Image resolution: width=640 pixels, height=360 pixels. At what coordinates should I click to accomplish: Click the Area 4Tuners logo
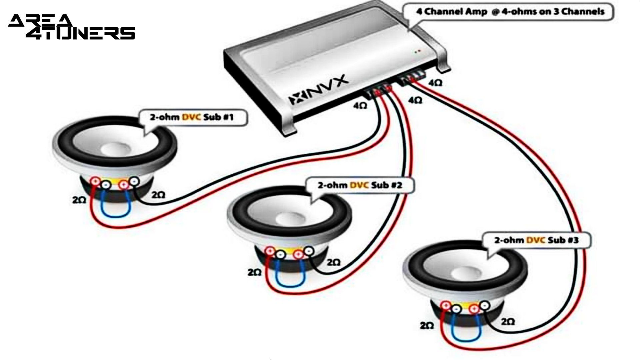coord(71,27)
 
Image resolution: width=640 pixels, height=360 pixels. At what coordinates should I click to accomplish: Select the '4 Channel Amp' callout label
coord(510,12)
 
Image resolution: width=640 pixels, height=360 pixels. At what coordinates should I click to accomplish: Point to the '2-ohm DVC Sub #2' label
coord(360,185)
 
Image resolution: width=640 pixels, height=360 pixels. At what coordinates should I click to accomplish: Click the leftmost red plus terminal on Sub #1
coord(95,181)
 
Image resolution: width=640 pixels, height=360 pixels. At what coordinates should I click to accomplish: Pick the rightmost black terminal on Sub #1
coord(134,181)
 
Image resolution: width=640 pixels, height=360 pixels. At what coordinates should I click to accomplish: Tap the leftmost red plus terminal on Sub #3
coord(446,305)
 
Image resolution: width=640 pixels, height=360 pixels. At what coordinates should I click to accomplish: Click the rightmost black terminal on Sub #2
coord(309,251)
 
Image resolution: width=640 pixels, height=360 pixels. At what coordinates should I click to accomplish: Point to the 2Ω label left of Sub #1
coord(79,200)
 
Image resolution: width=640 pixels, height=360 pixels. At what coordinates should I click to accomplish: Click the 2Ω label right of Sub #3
coord(508,322)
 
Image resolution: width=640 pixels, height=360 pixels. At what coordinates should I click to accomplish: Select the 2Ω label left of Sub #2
coord(254,272)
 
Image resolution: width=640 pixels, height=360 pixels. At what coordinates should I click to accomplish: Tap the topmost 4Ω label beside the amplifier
coord(435,83)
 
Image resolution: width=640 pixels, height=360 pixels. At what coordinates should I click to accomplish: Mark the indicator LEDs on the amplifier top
coord(418,52)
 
